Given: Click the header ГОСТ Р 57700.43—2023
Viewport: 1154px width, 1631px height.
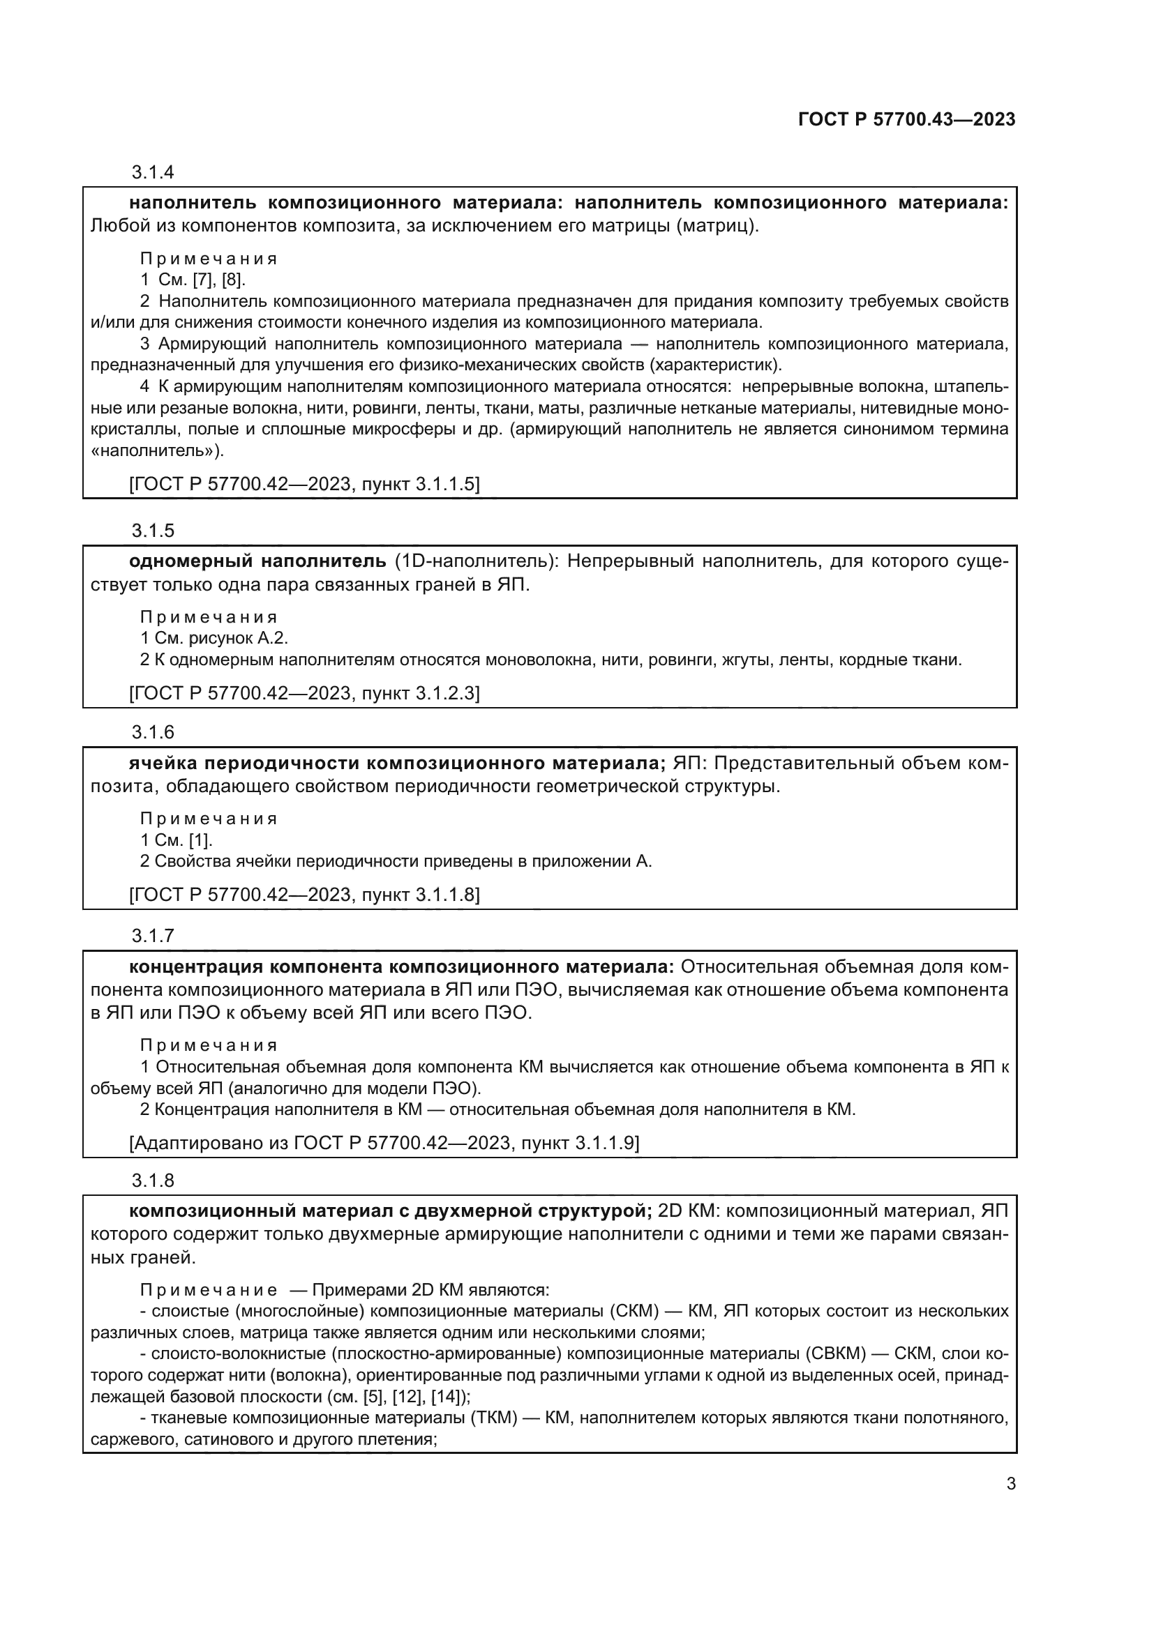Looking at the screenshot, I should point(907,120).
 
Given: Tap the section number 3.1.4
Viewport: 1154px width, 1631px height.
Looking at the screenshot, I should point(153,173).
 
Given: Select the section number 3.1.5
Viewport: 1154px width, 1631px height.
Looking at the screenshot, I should point(153,531).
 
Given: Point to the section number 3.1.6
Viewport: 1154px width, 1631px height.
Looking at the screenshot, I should point(153,732).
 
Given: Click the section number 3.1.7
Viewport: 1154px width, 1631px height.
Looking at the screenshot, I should point(153,936).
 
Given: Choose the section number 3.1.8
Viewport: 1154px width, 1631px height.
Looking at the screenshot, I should point(153,1181).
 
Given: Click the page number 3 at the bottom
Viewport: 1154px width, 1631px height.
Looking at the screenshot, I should point(1011,1484).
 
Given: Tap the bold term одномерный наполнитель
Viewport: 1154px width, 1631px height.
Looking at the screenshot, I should point(257,562).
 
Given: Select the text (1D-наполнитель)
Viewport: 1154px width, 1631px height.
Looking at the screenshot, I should point(476,562).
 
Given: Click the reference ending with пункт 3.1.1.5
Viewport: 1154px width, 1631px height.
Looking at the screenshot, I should point(304,485).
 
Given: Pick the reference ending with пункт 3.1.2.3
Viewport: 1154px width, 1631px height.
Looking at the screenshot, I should point(304,693).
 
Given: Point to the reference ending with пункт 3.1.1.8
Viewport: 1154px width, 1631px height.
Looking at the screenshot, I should point(304,895).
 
